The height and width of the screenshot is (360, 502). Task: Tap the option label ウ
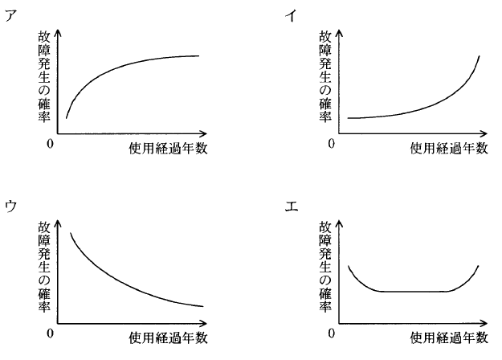click(10, 206)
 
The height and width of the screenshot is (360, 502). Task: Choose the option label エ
click(291, 206)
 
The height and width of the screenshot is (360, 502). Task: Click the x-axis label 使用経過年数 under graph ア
click(168, 148)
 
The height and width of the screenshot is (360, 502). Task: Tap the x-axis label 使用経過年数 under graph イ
click(448, 148)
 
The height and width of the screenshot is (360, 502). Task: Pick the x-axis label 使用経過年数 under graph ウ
click(168, 337)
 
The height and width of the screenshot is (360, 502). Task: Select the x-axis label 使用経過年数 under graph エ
click(448, 337)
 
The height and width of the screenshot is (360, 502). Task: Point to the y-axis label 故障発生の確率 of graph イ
click(324, 76)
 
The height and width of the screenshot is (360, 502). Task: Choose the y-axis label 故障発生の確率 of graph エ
click(324, 266)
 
